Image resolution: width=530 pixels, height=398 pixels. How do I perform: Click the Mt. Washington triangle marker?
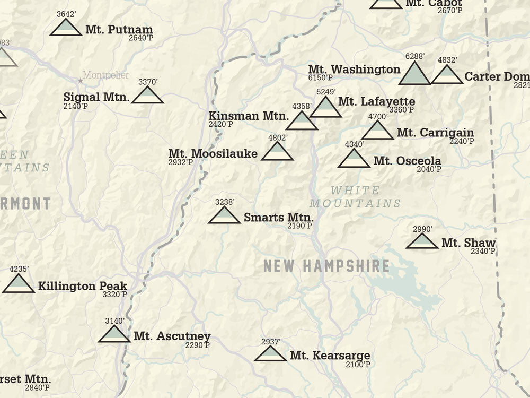pyautogui.click(x=414, y=75)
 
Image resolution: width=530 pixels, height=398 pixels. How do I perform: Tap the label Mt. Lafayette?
pyautogui.click(x=376, y=101)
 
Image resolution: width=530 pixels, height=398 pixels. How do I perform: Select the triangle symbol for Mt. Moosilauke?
pyautogui.click(x=277, y=152)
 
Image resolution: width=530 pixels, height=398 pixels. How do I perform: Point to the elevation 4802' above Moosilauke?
pyautogui.click(x=278, y=138)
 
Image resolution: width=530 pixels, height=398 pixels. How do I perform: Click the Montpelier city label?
pyautogui.click(x=105, y=75)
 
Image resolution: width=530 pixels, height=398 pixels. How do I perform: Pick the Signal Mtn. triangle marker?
pyautogui.click(x=147, y=96)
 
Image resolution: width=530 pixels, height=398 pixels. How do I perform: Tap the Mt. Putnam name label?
pyautogui.click(x=119, y=30)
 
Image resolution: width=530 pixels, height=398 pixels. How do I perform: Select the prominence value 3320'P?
pyautogui.click(x=115, y=295)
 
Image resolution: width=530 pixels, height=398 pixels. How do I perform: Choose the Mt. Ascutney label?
pyautogui.click(x=172, y=336)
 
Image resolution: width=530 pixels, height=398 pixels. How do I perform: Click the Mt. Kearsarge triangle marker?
pyautogui.click(x=270, y=354)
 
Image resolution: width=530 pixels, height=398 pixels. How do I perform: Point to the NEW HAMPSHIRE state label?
pyautogui.click(x=326, y=266)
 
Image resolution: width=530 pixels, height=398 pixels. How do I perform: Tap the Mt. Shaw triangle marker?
pyautogui.click(x=422, y=242)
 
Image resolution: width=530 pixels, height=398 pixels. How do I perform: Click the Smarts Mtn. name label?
pyautogui.click(x=279, y=217)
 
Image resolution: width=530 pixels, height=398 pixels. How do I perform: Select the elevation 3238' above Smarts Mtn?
pyautogui.click(x=225, y=202)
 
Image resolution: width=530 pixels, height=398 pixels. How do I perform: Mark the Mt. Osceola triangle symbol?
pyautogui.click(x=354, y=159)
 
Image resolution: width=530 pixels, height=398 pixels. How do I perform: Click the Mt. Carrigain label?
pyautogui.click(x=435, y=133)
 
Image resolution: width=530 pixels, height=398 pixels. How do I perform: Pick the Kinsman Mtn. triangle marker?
pyautogui.click(x=302, y=122)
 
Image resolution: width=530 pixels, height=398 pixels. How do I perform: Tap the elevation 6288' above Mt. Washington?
pyautogui.click(x=415, y=56)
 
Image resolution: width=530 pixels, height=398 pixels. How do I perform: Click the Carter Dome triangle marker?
pyautogui.click(x=447, y=76)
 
